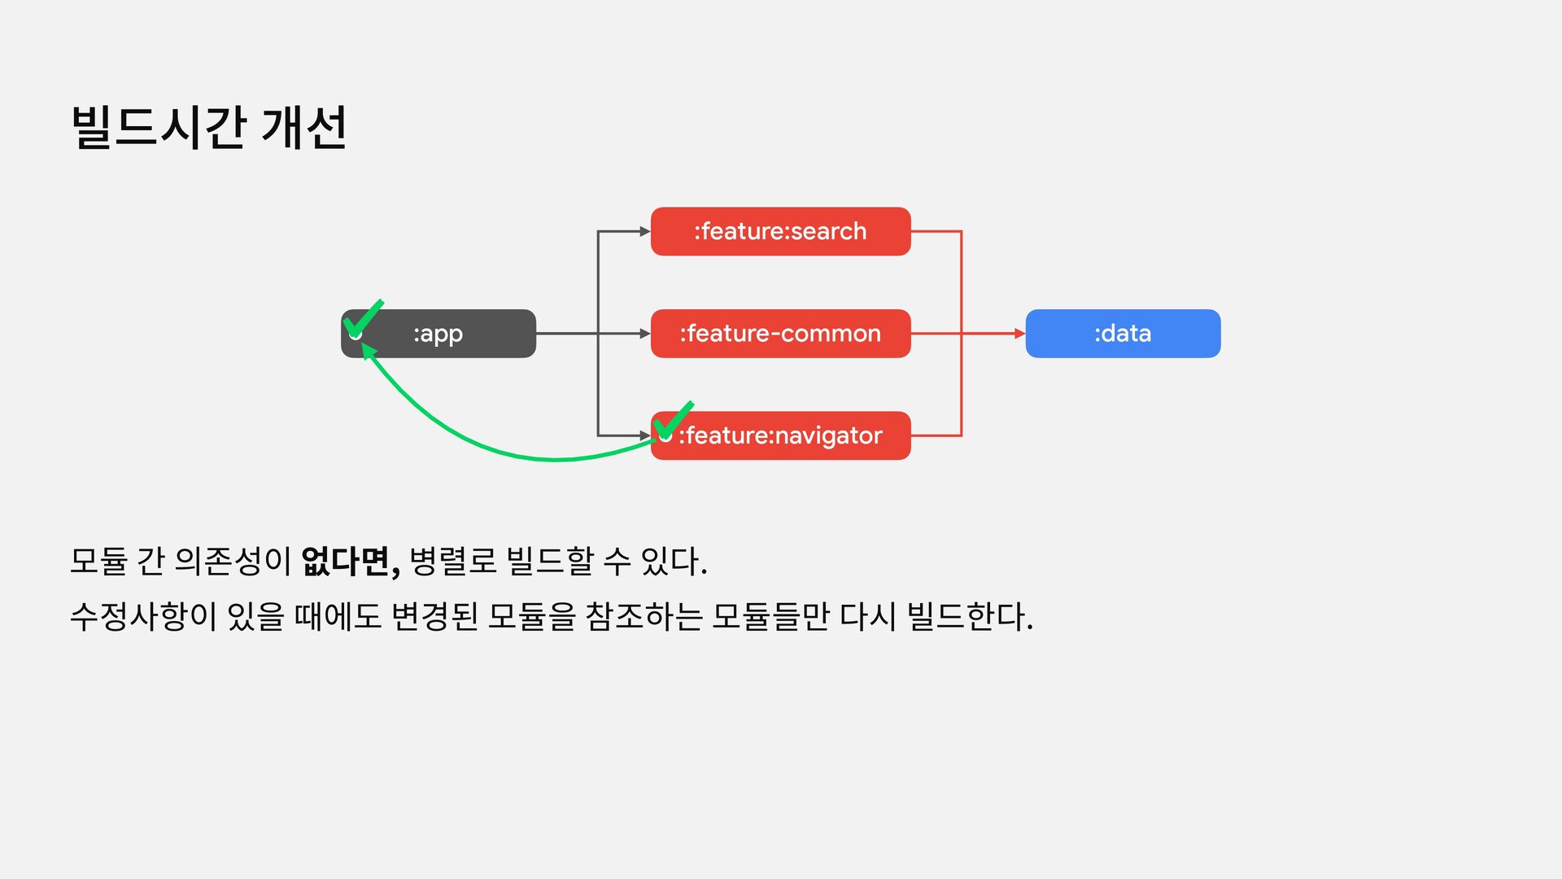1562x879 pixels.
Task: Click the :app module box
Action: (438, 334)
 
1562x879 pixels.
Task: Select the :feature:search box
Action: (780, 232)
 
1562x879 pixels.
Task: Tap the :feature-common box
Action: (780, 334)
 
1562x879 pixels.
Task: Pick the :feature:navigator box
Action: (780, 436)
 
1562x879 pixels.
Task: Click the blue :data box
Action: (1123, 334)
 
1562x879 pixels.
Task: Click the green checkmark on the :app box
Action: (363, 319)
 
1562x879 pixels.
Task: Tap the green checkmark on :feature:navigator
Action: (674, 421)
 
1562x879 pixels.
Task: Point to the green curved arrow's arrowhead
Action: (368, 349)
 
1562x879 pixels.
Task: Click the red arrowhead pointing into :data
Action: (1019, 334)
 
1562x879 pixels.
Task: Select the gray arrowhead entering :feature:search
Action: (644, 232)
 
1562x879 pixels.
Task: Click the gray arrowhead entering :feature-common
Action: (644, 334)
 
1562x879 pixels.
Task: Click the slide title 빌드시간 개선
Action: (209, 128)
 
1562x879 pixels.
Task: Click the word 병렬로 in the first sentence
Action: (452, 562)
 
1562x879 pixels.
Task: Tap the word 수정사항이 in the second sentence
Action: (143, 616)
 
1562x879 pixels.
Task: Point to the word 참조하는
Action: (644, 616)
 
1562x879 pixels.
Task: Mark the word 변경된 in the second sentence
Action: (434, 616)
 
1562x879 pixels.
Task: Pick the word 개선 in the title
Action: (304, 128)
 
